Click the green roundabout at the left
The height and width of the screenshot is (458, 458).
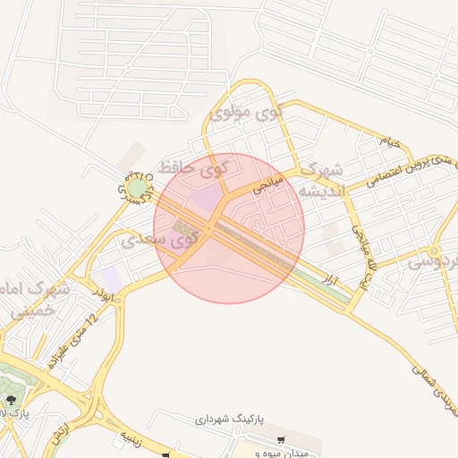(x=136, y=189)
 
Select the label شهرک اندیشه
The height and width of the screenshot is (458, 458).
(x=320, y=181)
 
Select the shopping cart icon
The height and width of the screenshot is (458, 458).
(x=281, y=441)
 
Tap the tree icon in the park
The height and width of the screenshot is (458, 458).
(x=10, y=400)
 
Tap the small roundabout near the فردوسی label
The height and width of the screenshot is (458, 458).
(x=435, y=251)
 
